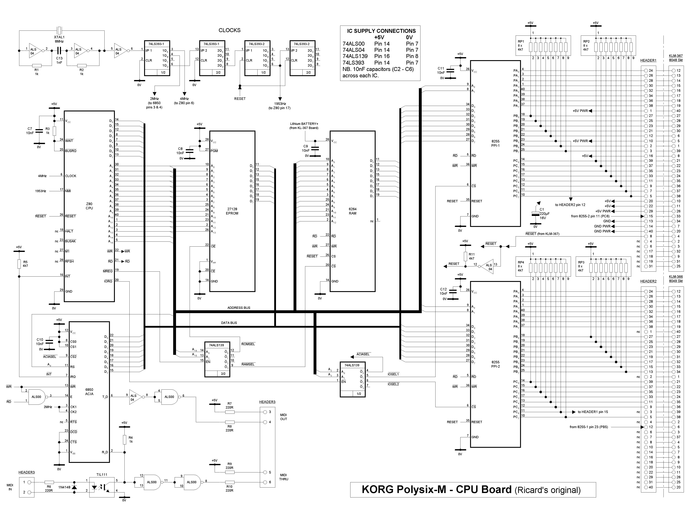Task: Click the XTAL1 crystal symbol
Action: tap(59, 31)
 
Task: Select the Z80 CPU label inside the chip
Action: tap(89, 206)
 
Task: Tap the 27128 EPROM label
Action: tap(232, 211)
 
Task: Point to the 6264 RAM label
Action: tap(353, 211)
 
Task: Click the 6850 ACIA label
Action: tap(89, 392)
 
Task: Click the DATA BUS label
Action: tap(229, 323)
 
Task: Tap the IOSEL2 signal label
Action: tap(393, 384)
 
